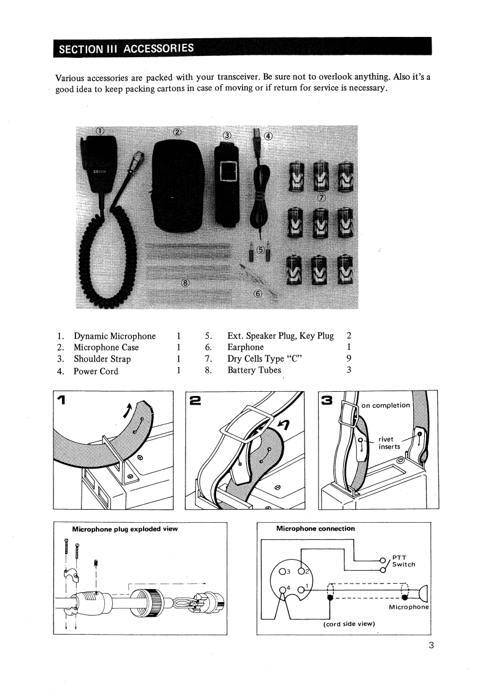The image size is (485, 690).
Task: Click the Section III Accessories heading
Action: click(x=126, y=48)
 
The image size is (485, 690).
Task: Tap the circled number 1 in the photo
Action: click(x=100, y=130)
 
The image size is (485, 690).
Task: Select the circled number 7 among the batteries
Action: click(x=322, y=198)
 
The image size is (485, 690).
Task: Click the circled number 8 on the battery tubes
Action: click(x=185, y=282)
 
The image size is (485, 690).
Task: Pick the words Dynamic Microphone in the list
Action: click(x=115, y=336)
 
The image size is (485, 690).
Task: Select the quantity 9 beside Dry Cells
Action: click(x=349, y=359)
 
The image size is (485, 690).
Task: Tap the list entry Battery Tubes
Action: click(x=254, y=370)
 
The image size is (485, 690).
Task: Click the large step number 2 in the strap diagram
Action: click(x=195, y=401)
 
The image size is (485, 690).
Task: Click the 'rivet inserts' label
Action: click(x=389, y=443)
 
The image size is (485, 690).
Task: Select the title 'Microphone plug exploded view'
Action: click(x=125, y=529)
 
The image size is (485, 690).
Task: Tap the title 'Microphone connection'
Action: click(x=316, y=529)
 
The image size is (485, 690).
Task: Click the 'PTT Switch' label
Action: click(x=403, y=561)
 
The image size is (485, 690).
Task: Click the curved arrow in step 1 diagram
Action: click(x=128, y=408)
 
